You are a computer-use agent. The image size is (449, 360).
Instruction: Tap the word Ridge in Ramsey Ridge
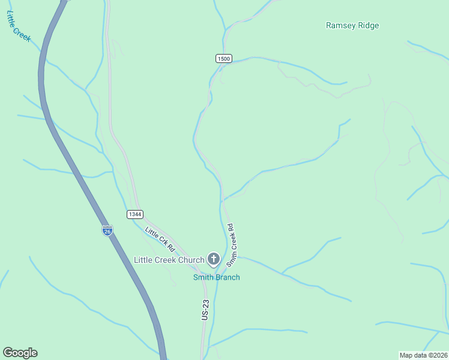point(369,26)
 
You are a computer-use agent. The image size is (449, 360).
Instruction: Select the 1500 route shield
point(224,58)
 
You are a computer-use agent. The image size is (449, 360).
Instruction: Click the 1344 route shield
point(135,214)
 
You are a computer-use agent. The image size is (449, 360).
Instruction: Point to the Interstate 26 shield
point(107,232)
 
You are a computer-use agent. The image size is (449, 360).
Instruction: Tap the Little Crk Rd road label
point(159,239)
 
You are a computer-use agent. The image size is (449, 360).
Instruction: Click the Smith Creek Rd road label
point(232,246)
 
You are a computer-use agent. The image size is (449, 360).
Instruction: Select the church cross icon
point(213,259)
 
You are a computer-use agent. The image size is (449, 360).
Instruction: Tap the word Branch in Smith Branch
point(228,277)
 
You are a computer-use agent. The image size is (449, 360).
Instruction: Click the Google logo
point(20,353)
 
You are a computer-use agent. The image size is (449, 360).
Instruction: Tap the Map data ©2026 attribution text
point(423,355)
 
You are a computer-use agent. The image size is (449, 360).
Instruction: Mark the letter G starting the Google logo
point(8,353)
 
